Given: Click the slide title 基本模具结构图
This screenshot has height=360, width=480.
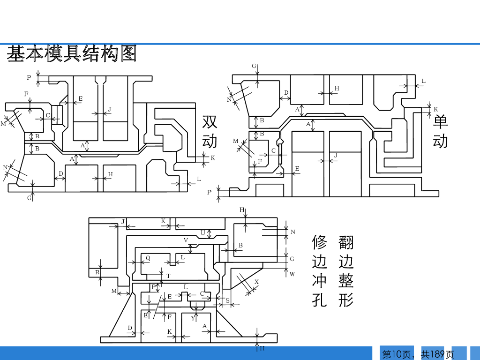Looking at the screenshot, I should point(72,54).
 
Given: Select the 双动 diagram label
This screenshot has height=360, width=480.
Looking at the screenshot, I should point(210,132).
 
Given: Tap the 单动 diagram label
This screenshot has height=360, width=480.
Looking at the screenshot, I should point(440,132).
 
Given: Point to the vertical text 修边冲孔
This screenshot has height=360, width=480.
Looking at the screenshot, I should point(319,271).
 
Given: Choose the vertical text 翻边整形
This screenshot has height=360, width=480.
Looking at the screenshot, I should point(346,271).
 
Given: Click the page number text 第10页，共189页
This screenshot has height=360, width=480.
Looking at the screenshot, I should point(418,354).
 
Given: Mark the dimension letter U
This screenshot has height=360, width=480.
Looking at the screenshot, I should point(203,232).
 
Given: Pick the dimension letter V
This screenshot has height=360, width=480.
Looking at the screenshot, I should point(186,240).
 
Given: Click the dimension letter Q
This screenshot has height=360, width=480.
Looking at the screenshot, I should point(148,258).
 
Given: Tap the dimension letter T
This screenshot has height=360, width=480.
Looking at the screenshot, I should point(168,276).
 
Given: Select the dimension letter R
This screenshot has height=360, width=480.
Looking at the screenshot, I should point(97,272).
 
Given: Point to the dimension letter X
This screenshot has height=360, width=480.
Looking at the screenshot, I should point(256,282).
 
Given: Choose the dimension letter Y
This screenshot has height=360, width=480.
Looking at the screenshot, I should point(193,318).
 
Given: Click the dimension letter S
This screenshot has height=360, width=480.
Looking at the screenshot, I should point(227,300).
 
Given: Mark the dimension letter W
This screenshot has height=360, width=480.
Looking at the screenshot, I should point(292,274).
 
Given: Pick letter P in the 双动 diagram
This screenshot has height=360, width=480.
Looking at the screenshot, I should point(29,77).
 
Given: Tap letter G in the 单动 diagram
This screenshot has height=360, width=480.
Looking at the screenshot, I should point(254,66).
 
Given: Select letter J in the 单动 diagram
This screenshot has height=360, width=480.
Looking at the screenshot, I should point(336,155).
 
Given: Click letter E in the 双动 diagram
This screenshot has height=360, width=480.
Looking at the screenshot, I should point(80,98).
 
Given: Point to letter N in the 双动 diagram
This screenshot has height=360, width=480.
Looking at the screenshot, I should point(5,167).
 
